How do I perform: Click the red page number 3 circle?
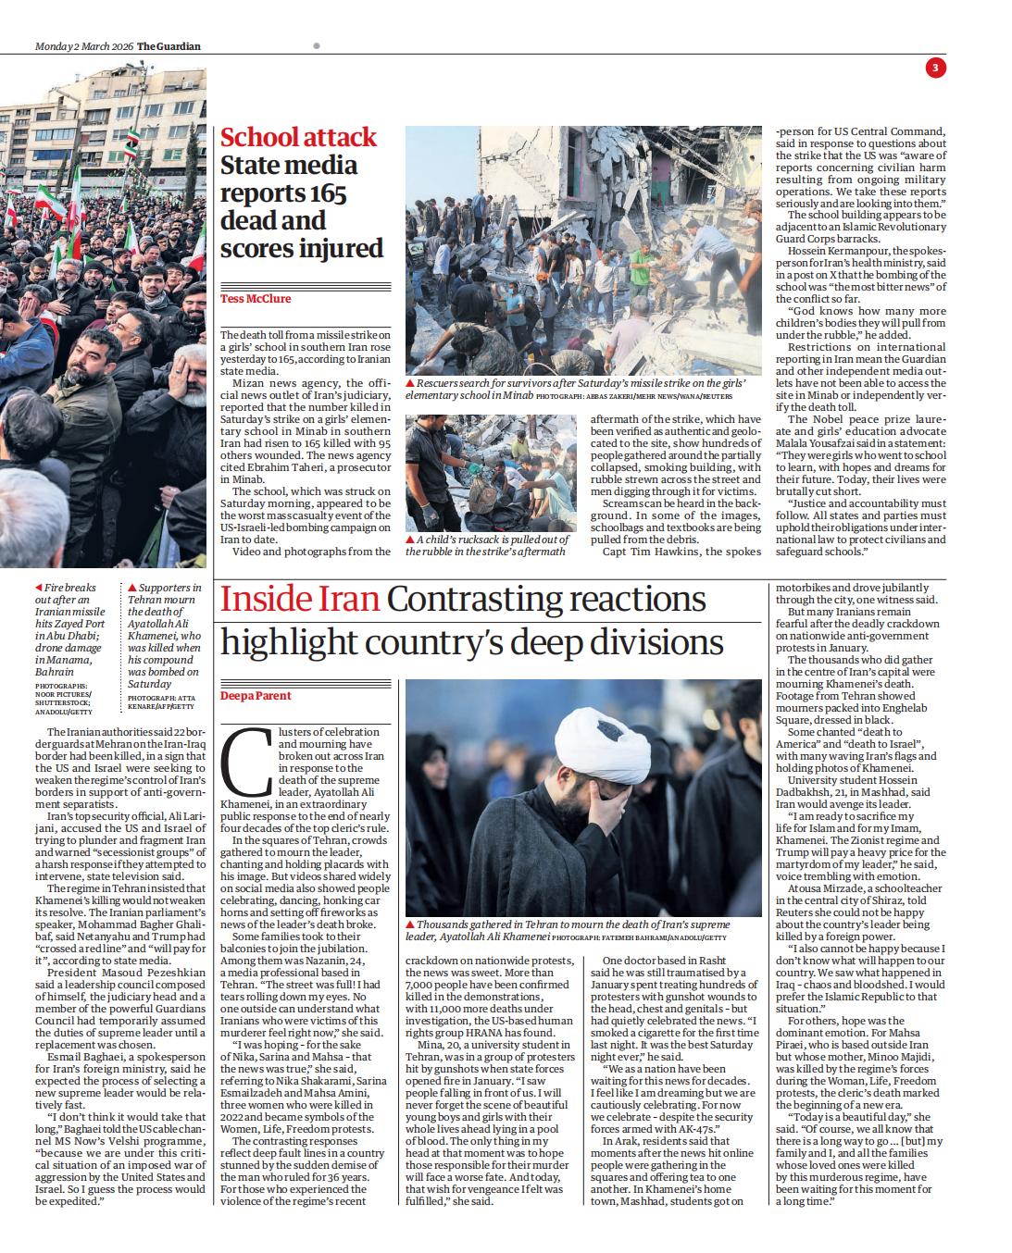tap(935, 68)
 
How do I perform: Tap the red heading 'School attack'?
tap(298, 137)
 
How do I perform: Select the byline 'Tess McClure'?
tap(255, 299)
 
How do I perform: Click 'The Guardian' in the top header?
tap(169, 46)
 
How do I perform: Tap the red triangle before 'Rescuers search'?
tap(410, 382)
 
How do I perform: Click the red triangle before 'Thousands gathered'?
tap(410, 924)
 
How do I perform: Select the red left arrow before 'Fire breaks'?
tap(38, 588)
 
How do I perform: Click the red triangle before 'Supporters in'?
tap(132, 588)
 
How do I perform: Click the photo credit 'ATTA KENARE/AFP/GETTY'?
tap(159, 702)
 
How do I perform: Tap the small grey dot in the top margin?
tap(317, 45)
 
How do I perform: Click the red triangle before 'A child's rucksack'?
tap(410, 540)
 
